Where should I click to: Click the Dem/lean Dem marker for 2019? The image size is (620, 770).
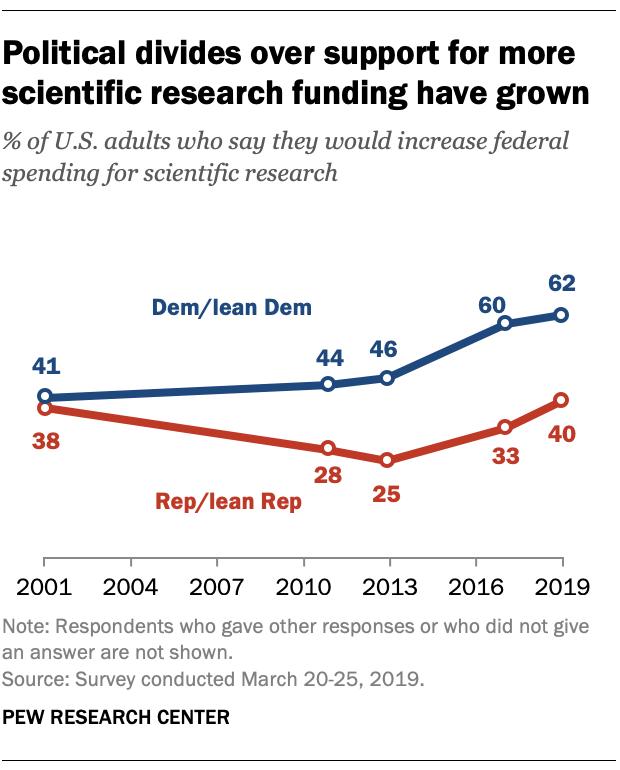click(x=561, y=315)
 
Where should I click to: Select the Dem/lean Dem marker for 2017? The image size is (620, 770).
click(x=505, y=322)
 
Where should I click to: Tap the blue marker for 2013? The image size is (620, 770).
click(x=389, y=377)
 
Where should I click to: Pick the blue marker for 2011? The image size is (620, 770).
click(x=328, y=384)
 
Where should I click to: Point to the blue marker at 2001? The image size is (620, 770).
click(x=44, y=396)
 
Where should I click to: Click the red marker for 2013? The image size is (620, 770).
click(x=389, y=460)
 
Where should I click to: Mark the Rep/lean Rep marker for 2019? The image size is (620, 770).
click(x=561, y=400)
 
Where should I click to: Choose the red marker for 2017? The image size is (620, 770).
click(x=505, y=427)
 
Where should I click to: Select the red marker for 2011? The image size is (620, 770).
click(x=328, y=448)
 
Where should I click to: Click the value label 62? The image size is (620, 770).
click(x=562, y=282)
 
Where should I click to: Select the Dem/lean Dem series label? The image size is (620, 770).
click(x=232, y=308)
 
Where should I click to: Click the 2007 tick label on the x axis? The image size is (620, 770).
click(x=217, y=585)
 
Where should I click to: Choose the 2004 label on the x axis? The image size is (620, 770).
click(x=131, y=585)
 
